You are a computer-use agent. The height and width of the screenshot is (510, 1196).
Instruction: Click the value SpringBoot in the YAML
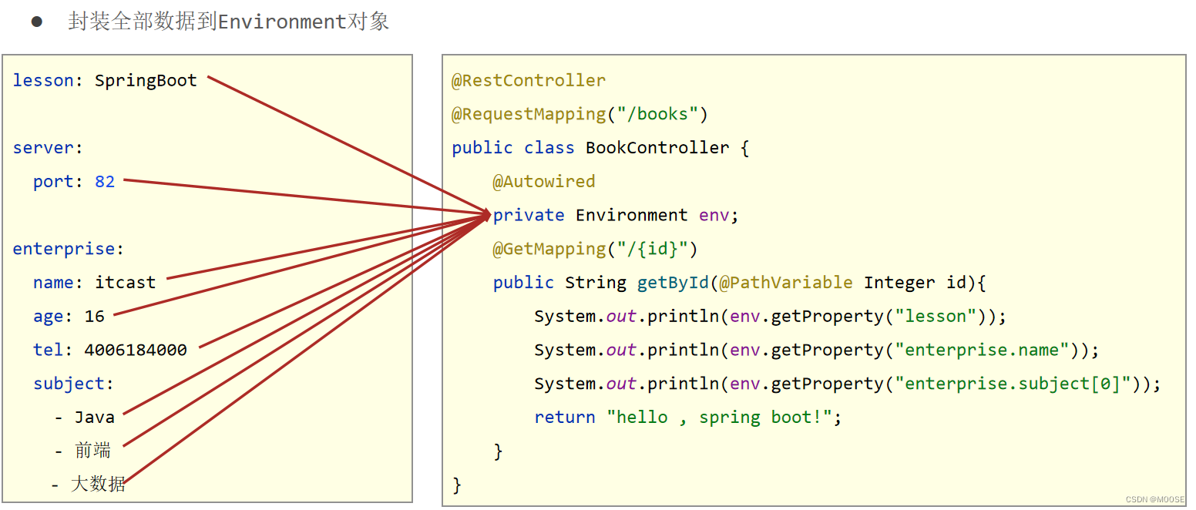coord(146,81)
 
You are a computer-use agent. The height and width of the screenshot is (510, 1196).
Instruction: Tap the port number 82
coord(105,182)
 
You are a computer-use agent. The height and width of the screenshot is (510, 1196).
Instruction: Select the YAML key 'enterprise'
coord(63,250)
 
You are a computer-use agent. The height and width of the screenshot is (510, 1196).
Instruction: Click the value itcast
coord(125,283)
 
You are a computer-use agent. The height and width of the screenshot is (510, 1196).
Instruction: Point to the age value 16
coord(94,317)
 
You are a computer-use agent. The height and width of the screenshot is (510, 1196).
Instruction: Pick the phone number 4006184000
coord(136,351)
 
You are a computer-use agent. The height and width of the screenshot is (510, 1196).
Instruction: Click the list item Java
coord(94,418)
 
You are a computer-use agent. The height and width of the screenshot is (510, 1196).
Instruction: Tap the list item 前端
coord(93,451)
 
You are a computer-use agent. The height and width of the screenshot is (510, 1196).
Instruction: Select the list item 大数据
coord(98,485)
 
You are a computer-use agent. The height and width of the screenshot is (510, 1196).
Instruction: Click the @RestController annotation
coord(529,81)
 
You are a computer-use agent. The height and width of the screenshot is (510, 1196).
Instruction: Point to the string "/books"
coord(657,115)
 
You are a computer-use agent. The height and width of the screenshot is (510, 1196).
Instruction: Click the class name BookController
coord(657,148)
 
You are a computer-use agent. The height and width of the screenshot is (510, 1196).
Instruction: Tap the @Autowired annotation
coord(544,182)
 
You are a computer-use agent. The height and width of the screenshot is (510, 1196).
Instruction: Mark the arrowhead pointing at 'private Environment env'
coord(487,215)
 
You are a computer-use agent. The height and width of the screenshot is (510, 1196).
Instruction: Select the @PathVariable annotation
coord(785,283)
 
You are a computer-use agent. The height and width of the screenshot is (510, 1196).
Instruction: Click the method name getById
coord(672,283)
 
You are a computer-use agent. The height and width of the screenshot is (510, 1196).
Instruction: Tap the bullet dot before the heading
coord(36,22)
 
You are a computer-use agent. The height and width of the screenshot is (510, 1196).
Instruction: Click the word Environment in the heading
coord(282,22)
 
